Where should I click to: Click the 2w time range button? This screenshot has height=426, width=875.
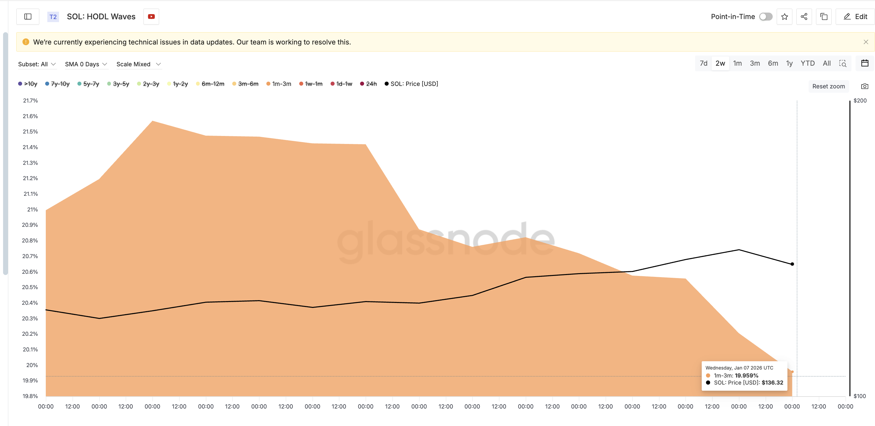click(720, 64)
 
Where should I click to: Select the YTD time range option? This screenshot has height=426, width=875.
click(807, 64)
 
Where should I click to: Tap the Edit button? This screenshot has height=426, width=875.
click(855, 17)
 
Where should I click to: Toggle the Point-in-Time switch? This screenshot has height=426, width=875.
click(765, 17)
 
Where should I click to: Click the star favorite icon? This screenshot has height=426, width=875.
click(784, 17)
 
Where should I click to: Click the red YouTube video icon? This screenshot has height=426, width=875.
click(151, 17)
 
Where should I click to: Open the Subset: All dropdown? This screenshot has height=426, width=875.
click(37, 64)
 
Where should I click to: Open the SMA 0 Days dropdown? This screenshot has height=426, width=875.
click(86, 64)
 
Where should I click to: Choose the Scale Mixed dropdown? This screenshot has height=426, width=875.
click(138, 64)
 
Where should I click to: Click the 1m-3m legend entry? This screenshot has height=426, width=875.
click(279, 84)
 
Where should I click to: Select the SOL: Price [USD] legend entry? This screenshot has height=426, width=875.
click(411, 84)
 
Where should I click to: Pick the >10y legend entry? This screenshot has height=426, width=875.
click(28, 84)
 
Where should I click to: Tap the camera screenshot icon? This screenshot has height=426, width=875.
click(865, 86)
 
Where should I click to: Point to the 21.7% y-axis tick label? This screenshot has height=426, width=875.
click(30, 100)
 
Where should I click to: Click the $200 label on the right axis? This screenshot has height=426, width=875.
click(860, 100)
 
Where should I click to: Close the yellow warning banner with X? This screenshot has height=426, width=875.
click(865, 42)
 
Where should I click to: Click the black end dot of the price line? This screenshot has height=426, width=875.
click(792, 264)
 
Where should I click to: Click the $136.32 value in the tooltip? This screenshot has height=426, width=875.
click(772, 382)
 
